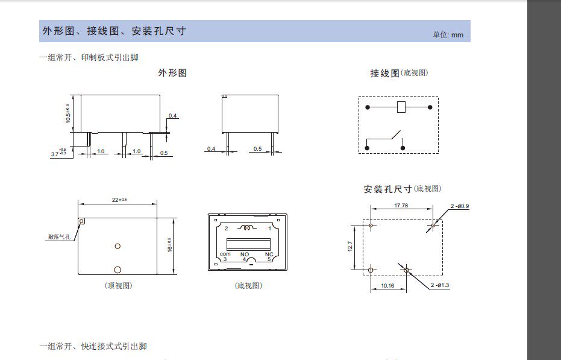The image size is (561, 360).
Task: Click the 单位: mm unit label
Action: [x=448, y=34]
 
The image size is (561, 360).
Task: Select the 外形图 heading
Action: [x=172, y=73]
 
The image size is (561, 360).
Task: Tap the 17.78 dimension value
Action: [x=401, y=206]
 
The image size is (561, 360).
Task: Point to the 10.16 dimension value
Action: [x=387, y=285]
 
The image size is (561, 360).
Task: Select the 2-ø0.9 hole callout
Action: [x=460, y=206]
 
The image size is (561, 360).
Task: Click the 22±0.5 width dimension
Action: [x=118, y=200]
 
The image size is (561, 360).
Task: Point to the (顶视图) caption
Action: [x=118, y=285]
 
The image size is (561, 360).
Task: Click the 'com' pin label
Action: [x=225, y=254]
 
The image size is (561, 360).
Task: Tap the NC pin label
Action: [x=269, y=254]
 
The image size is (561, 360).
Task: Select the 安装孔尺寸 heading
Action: [x=387, y=189]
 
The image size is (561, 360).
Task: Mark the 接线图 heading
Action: [x=384, y=73]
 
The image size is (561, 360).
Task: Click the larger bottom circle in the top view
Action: [x=118, y=270]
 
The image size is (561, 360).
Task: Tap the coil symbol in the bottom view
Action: [x=247, y=228]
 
